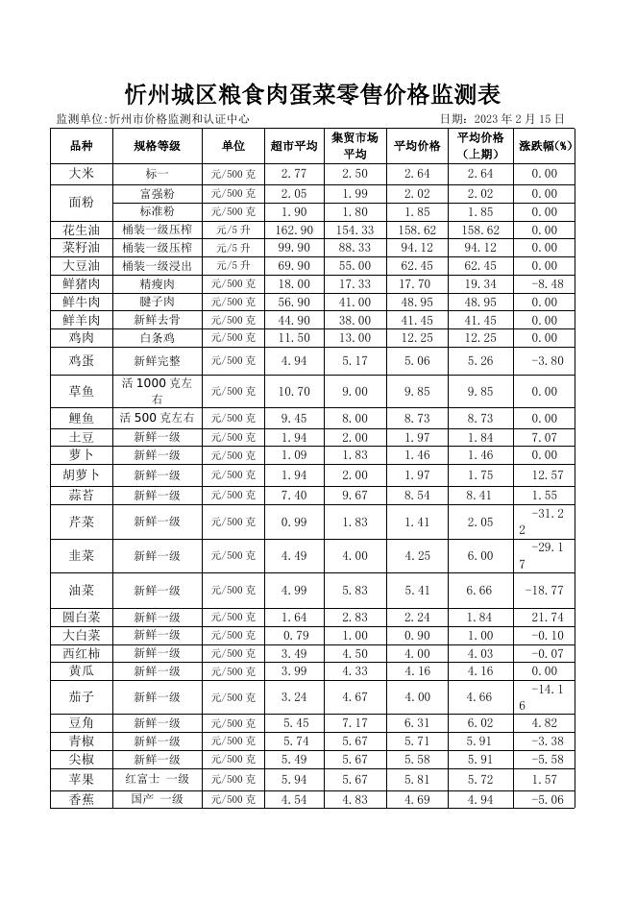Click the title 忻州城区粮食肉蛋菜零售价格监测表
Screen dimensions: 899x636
313,94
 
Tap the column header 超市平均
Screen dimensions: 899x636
294,146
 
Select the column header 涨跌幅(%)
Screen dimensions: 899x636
545,146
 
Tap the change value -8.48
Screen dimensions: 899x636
545,284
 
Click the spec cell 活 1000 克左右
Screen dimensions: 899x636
157,391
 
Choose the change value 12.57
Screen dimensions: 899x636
545,475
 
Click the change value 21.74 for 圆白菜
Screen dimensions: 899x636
545,618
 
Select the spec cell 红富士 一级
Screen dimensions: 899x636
157,779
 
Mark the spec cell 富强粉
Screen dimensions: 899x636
157,193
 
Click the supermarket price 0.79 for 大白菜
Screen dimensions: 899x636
294,636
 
